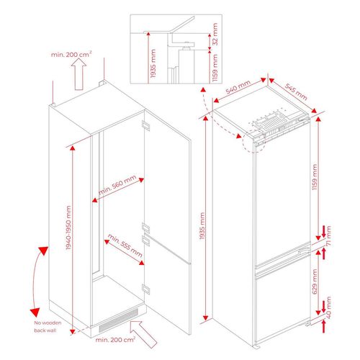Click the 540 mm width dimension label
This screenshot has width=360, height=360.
(x=238, y=86)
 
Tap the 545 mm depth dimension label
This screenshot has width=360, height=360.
(x=296, y=91)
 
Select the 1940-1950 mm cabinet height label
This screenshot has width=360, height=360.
(x=68, y=228)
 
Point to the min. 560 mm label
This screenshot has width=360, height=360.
(x=117, y=184)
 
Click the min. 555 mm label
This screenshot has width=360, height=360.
(x=125, y=245)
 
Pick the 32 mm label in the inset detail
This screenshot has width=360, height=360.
(x=215, y=34)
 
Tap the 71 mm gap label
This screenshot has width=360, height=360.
(x=328, y=235)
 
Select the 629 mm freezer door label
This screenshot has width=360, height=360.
(x=315, y=282)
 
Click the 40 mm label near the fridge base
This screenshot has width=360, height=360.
(x=328, y=307)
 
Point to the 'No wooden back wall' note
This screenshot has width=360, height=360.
(x=48, y=327)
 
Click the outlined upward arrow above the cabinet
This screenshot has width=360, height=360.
(x=79, y=74)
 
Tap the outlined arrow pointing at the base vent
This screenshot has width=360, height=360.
(x=143, y=334)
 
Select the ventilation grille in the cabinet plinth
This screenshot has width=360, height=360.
(x=119, y=320)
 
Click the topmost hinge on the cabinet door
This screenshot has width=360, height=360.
(x=145, y=125)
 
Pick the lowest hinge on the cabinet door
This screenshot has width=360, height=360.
(x=145, y=289)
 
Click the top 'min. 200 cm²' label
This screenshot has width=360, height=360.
(x=71, y=54)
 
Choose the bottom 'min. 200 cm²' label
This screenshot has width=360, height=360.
(x=115, y=339)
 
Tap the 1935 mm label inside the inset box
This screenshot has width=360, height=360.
(x=153, y=63)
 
